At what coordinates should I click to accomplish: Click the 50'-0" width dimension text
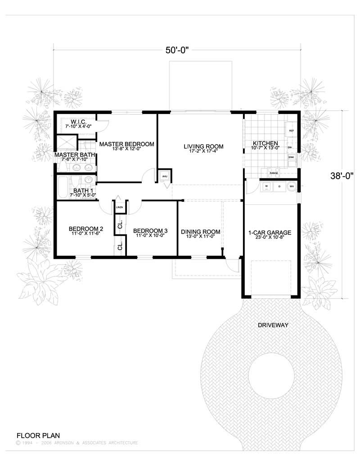[176, 50]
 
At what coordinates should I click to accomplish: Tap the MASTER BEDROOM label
[126, 144]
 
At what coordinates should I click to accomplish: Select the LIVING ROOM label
[203, 147]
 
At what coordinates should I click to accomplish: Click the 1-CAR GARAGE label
[270, 233]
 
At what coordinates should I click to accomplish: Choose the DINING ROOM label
[198, 232]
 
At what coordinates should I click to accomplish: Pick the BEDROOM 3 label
[150, 230]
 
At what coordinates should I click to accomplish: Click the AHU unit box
[165, 176]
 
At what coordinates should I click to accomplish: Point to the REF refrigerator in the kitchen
[291, 131]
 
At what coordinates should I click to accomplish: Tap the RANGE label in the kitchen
[273, 173]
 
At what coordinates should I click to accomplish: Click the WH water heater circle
[292, 186]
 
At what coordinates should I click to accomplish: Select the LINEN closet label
[120, 207]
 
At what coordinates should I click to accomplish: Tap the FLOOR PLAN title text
[38, 435]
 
